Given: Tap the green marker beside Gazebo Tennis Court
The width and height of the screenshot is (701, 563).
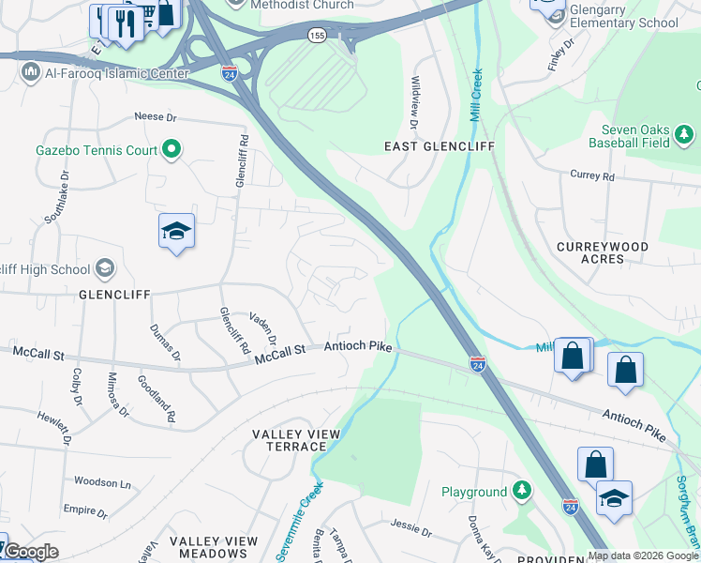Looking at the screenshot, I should point(172,148).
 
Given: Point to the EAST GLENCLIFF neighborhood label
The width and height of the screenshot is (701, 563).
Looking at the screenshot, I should point(425,146).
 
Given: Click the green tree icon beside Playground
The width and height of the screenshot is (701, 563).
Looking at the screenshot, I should point(521,491).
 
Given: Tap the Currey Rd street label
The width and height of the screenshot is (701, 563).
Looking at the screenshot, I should point(592,175).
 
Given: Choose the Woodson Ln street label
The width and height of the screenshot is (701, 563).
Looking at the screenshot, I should point(103,482).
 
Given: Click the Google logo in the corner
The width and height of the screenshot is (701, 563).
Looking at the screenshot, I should point(30,552).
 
